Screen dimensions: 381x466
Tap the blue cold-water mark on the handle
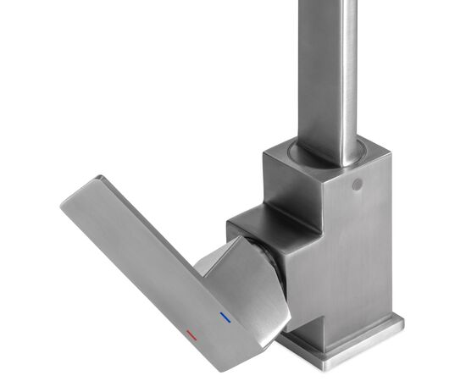[x=224, y=318]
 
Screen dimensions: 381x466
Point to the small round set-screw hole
[x=356, y=184]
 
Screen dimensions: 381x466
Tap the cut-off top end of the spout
[x=330, y=3]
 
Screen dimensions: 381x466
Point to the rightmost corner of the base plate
[x=402, y=322]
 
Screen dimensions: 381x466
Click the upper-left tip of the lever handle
[x=66, y=202]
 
